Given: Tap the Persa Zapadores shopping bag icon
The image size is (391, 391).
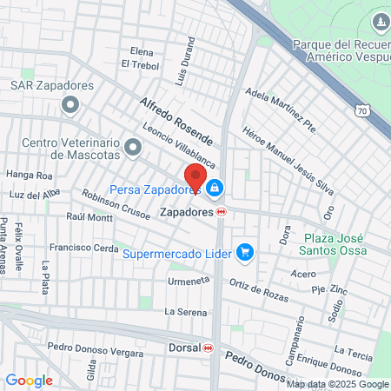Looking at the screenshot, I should click(215, 188).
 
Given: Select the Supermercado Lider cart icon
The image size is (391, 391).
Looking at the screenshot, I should click(246, 253).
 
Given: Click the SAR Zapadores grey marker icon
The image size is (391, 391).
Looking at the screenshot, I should click(70, 106).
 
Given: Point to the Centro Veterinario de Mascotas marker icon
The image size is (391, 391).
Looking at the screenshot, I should click(133, 149).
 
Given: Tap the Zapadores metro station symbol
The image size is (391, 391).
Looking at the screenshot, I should click(222, 211).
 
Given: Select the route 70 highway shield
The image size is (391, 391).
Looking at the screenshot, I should click(363, 110).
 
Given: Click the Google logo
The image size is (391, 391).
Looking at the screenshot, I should click(29, 380).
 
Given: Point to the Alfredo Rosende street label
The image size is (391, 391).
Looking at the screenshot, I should click(176, 120).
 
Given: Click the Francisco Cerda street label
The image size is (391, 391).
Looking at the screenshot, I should click(83, 248).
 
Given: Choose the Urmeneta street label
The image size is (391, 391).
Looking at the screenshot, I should click(189, 282).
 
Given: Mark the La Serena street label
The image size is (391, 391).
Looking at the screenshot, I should click(186, 311).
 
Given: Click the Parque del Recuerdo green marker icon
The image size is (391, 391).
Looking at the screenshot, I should click(379, 21).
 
